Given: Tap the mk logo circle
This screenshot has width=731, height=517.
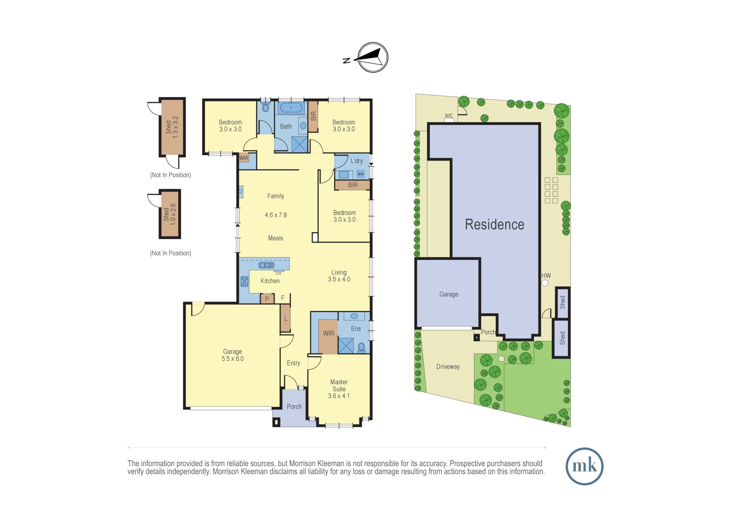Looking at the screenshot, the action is coord(584,466).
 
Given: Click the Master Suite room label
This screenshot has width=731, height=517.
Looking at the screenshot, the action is coord(339,389).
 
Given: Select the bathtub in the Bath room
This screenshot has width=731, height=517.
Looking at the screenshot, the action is coord(291,107).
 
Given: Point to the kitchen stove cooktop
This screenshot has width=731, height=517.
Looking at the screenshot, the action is coord(245,281).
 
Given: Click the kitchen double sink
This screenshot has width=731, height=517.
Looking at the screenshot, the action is coord(266,265).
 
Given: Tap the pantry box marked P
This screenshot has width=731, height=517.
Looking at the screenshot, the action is coord(267,299).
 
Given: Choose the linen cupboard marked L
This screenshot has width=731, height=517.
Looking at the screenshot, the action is coord(285,318).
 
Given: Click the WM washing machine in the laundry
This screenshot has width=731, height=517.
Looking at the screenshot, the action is coord(361,174).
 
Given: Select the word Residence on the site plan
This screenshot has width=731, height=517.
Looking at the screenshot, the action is coord(495,224).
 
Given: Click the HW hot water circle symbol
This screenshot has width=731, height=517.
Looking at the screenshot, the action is coord(545,283).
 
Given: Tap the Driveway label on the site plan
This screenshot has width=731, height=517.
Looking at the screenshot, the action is coord(448,367).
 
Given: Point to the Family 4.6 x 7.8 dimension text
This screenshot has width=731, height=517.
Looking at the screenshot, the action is coord(276,215).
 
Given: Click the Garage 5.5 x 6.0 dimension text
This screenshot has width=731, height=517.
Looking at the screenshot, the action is coord(232,359).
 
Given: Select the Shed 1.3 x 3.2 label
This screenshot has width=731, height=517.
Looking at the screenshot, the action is coord(172,127).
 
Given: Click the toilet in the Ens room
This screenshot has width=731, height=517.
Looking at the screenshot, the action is coord(361,347).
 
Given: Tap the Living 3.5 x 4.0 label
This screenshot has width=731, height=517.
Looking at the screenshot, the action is coord(339,276).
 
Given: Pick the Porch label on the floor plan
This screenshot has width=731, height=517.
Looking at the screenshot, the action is coord(294,407).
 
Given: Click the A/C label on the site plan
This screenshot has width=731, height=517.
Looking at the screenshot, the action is coord(449,116).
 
